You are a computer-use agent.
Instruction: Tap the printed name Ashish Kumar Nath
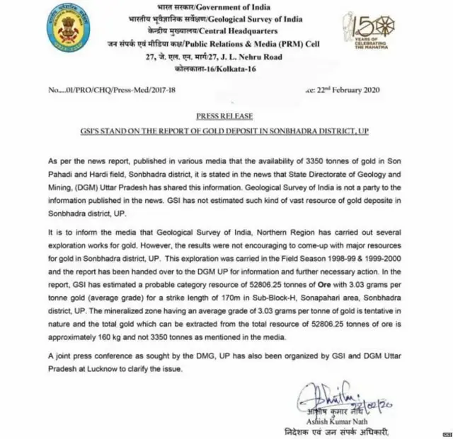coord(336,420)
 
